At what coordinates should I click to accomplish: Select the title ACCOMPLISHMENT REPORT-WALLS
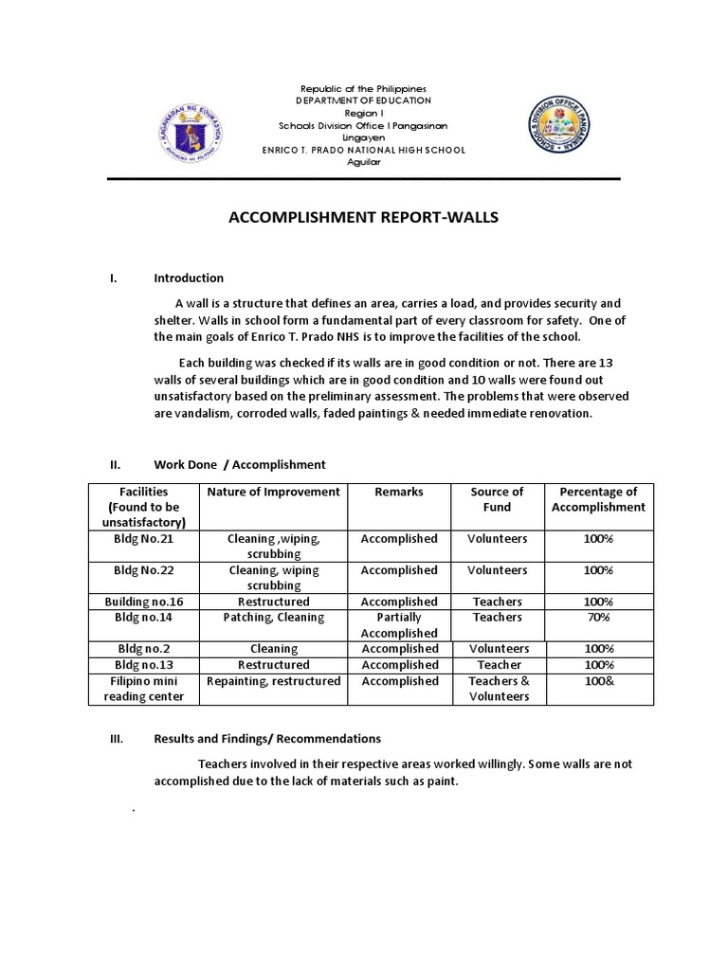click(363, 218)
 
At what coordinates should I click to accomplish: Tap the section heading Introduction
click(189, 278)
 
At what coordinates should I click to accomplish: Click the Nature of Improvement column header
click(273, 492)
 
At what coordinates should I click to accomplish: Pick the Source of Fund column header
click(497, 499)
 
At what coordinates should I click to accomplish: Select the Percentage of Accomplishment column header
click(598, 499)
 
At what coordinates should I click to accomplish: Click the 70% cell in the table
click(598, 617)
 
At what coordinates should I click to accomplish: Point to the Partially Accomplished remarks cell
click(399, 625)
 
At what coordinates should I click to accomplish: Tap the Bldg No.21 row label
click(143, 538)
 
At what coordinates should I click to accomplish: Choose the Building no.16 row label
click(143, 602)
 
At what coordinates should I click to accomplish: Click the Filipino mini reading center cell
click(143, 689)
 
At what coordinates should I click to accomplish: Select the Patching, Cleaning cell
click(273, 617)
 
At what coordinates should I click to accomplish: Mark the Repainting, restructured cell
click(273, 681)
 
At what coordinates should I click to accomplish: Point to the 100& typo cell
click(598, 681)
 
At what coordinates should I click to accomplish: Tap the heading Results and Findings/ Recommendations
click(267, 738)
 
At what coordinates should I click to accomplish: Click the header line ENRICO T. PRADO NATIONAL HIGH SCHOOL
click(363, 150)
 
